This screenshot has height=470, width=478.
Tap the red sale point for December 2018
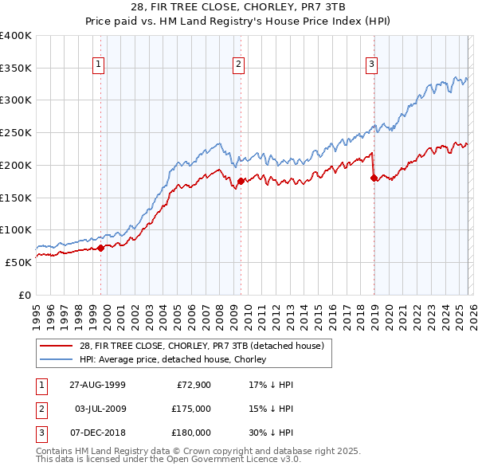point(373,178)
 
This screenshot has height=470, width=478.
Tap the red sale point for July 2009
point(240,182)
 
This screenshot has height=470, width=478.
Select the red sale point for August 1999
point(101,248)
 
